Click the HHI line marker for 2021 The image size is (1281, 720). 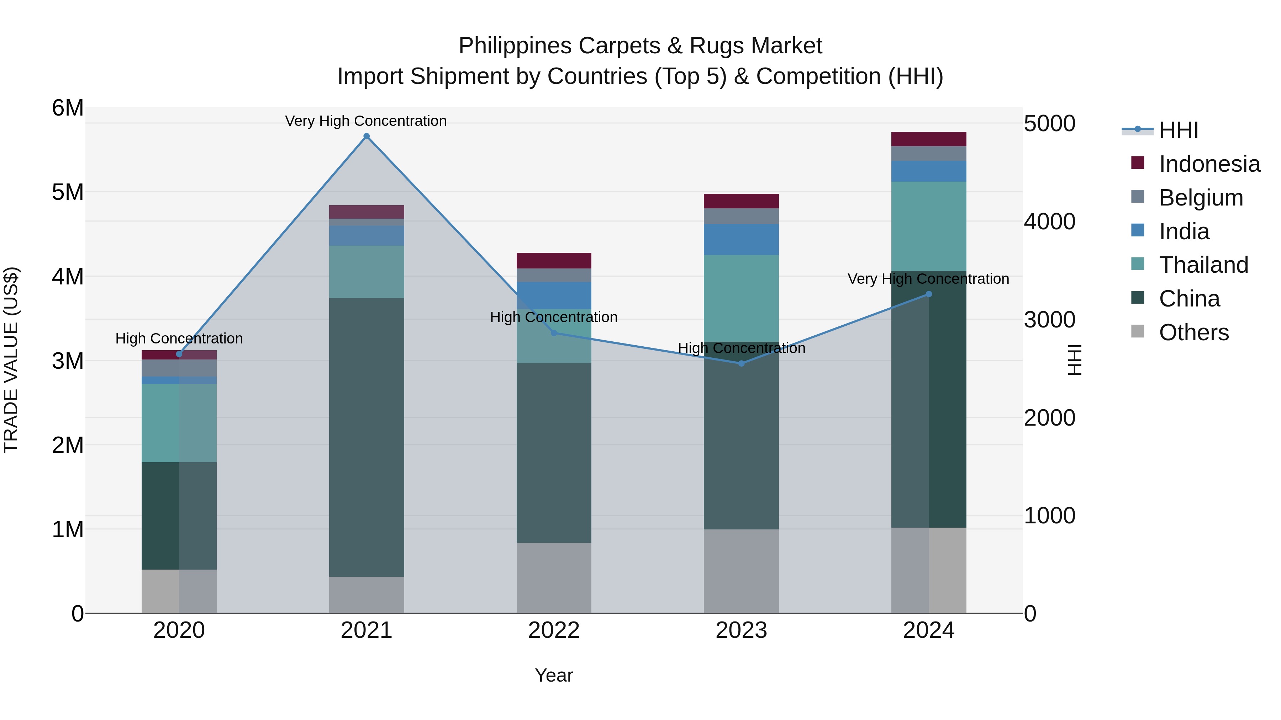click(367, 136)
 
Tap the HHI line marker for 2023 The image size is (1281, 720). click(741, 363)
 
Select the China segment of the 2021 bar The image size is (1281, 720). click(367, 437)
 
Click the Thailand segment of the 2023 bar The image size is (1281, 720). click(741, 298)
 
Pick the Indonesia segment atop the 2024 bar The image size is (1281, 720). click(928, 139)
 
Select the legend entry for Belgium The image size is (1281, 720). click(1201, 198)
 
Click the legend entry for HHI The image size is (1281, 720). click(1178, 130)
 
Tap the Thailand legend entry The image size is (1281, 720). click(1203, 265)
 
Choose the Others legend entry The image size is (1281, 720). click(1193, 332)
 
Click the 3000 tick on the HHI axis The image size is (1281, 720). click(1049, 320)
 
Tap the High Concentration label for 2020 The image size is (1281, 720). click(179, 338)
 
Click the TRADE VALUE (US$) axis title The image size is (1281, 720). click(11, 360)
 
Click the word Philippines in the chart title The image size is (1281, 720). click(515, 46)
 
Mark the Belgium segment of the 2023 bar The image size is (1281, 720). click(741, 216)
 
